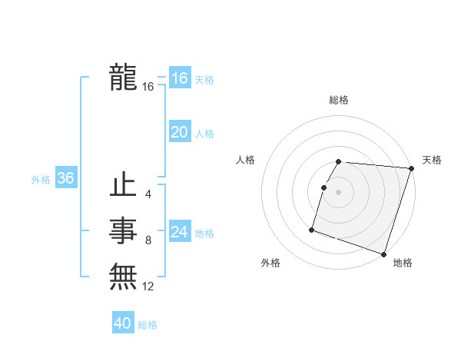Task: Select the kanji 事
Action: point(123,231)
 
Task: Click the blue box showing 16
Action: point(179,78)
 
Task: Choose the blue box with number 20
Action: point(179,132)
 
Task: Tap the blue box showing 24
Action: point(179,232)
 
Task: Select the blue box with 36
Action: point(65,178)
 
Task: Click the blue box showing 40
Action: point(123,323)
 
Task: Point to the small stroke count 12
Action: point(148,286)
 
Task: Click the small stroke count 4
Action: point(148,194)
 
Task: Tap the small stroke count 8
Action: point(148,240)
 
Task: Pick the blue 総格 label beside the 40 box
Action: point(148,325)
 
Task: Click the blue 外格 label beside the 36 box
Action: point(41,180)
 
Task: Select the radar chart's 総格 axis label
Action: point(338,100)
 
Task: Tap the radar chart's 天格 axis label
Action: point(432,160)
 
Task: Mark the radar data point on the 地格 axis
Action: point(383,253)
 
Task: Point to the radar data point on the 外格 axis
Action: point(312,229)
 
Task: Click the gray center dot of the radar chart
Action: point(338,191)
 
